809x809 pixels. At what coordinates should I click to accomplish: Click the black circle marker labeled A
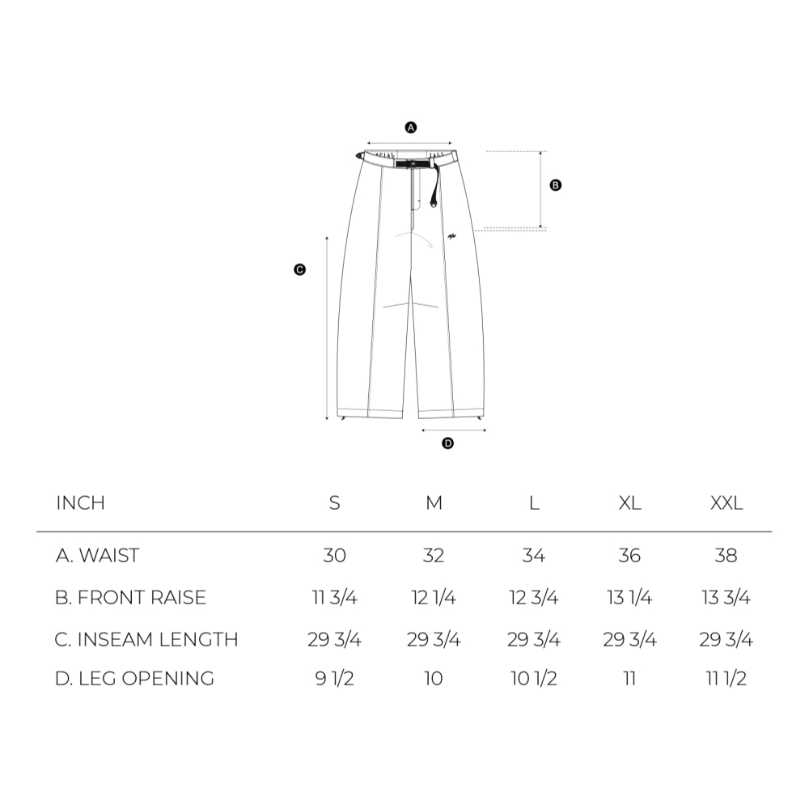point(410,128)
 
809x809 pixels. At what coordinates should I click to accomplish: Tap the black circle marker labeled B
point(555,185)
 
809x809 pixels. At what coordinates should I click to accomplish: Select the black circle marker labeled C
point(299,270)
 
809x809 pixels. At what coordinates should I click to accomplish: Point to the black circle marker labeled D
point(448,443)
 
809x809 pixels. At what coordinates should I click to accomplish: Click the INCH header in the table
point(81,503)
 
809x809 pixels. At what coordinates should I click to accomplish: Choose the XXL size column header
point(726,503)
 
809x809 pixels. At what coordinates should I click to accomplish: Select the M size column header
point(434,503)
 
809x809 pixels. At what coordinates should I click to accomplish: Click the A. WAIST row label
point(97,556)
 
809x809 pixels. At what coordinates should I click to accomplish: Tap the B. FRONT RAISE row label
point(130,598)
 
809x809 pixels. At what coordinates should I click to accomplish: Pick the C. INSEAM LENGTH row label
point(146,640)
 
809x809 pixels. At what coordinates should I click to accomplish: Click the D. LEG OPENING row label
point(134,678)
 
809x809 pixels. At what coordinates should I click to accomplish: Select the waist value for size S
point(334,556)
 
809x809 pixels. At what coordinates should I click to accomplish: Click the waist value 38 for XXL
point(726,556)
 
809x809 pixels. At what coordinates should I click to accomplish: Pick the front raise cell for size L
point(533,598)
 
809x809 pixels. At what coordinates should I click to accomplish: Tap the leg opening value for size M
point(434,678)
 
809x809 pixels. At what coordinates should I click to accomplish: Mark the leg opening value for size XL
point(629,678)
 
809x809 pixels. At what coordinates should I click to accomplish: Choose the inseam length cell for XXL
point(726,640)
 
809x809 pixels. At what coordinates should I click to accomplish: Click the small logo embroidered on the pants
point(453,237)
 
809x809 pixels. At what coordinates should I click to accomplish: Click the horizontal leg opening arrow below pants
point(454,430)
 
